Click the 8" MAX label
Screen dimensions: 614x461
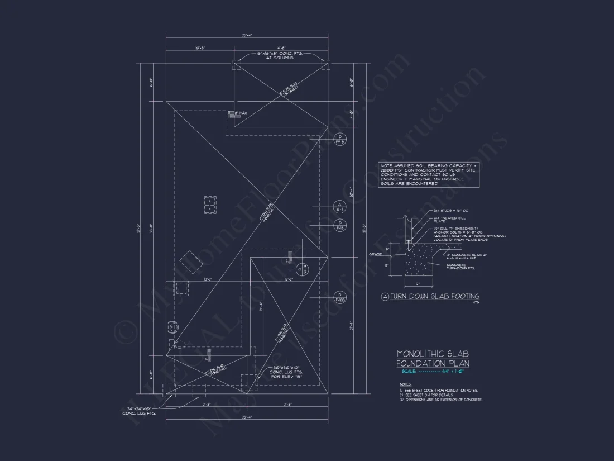tap(241, 113)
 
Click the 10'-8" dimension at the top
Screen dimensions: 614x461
tap(200, 49)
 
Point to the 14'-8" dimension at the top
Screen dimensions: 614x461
tap(280, 49)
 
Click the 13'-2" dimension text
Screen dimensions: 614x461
tap(208, 279)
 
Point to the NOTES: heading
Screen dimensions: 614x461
tap(405, 384)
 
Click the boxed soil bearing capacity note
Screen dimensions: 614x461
tap(429, 175)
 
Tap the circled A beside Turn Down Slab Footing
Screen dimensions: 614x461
tap(385, 297)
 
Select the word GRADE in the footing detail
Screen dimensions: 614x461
tap(375, 254)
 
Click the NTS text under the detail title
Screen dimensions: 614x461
tap(476, 303)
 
